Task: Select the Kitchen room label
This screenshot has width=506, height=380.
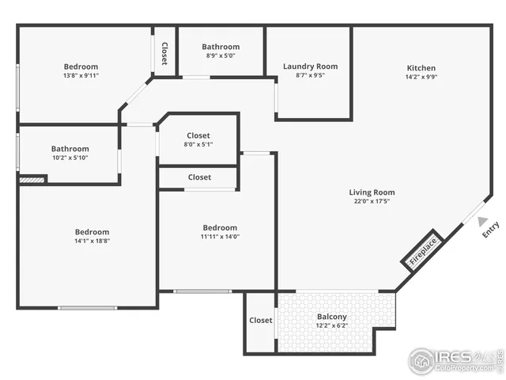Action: point(421,68)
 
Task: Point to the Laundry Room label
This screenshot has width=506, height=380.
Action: point(310,66)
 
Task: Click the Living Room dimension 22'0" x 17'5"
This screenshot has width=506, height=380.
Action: point(372,202)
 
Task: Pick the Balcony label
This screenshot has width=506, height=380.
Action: point(331,317)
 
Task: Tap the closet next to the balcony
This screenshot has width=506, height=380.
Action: point(260,321)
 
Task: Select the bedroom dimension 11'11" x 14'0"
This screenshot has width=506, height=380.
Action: point(219,237)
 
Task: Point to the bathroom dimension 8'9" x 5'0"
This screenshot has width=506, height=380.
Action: point(220,56)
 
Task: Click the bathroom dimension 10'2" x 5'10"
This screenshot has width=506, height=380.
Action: point(70,158)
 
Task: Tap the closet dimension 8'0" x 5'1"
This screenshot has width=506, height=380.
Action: point(198,145)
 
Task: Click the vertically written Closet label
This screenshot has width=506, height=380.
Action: point(164,53)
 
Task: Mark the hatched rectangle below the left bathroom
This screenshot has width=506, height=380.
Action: point(32,180)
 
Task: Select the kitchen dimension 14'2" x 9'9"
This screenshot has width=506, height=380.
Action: point(421,78)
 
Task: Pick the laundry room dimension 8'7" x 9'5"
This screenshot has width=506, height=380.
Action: point(310,76)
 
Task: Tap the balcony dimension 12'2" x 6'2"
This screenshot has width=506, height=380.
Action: point(331,326)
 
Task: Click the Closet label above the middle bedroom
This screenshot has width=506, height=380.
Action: point(199,177)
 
